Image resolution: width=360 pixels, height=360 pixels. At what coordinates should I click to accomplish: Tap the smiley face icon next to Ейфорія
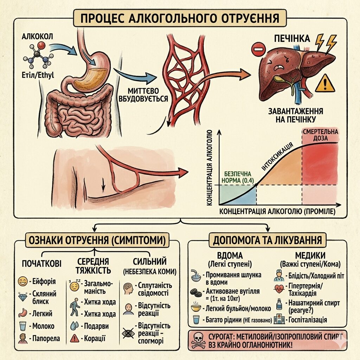pyautogui.click(x=22, y=281)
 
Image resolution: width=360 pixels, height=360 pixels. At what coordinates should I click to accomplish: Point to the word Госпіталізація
pyautogui.click(x=308, y=320)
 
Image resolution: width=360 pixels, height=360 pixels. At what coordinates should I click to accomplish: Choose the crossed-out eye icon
pyautogui.click(x=128, y=332)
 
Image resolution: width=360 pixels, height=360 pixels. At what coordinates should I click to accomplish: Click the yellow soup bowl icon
pyautogui.click(x=196, y=308)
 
